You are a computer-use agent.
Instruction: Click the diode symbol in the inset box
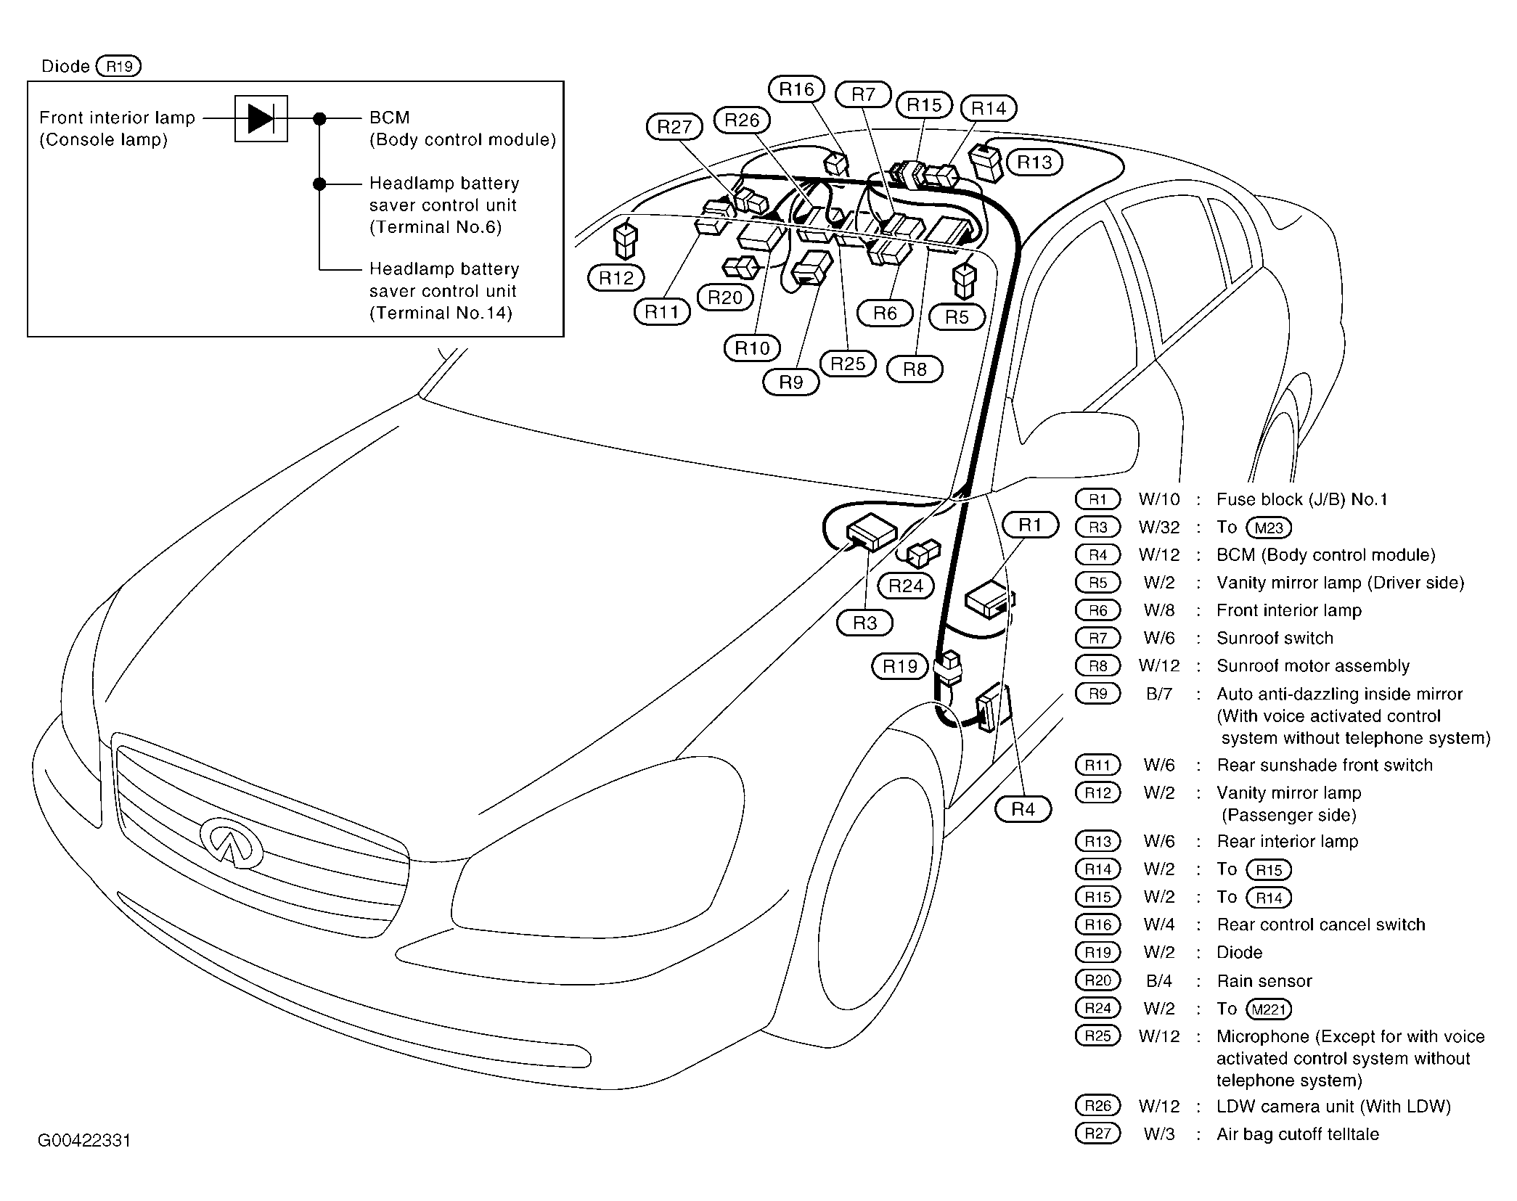click(261, 118)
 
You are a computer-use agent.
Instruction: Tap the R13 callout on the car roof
click(1034, 162)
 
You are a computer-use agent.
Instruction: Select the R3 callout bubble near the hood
click(864, 623)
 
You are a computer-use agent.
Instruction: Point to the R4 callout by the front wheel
click(1023, 809)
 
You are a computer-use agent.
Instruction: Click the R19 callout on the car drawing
click(900, 666)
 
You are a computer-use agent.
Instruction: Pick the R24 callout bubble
click(906, 586)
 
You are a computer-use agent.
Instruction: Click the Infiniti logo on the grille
click(232, 842)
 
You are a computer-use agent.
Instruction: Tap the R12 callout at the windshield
click(616, 278)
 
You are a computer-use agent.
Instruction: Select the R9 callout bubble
click(790, 382)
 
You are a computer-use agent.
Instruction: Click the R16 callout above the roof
click(796, 89)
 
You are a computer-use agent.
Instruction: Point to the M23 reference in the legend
click(1269, 528)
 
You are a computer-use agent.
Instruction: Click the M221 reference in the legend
click(1269, 1009)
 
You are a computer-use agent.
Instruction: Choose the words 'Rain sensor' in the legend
click(1264, 981)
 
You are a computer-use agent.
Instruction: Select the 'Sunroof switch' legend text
click(1275, 638)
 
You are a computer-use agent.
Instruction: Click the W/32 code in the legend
click(1159, 528)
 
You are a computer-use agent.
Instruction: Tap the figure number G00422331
click(84, 1141)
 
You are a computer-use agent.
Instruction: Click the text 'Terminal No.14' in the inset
click(441, 313)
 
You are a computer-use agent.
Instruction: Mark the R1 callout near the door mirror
click(1030, 525)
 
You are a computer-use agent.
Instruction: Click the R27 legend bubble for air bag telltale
click(1097, 1134)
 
